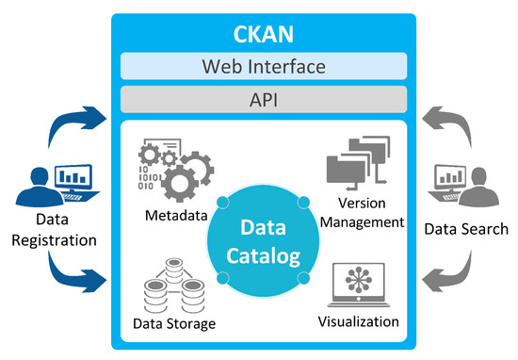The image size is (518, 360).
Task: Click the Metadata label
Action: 176,216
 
